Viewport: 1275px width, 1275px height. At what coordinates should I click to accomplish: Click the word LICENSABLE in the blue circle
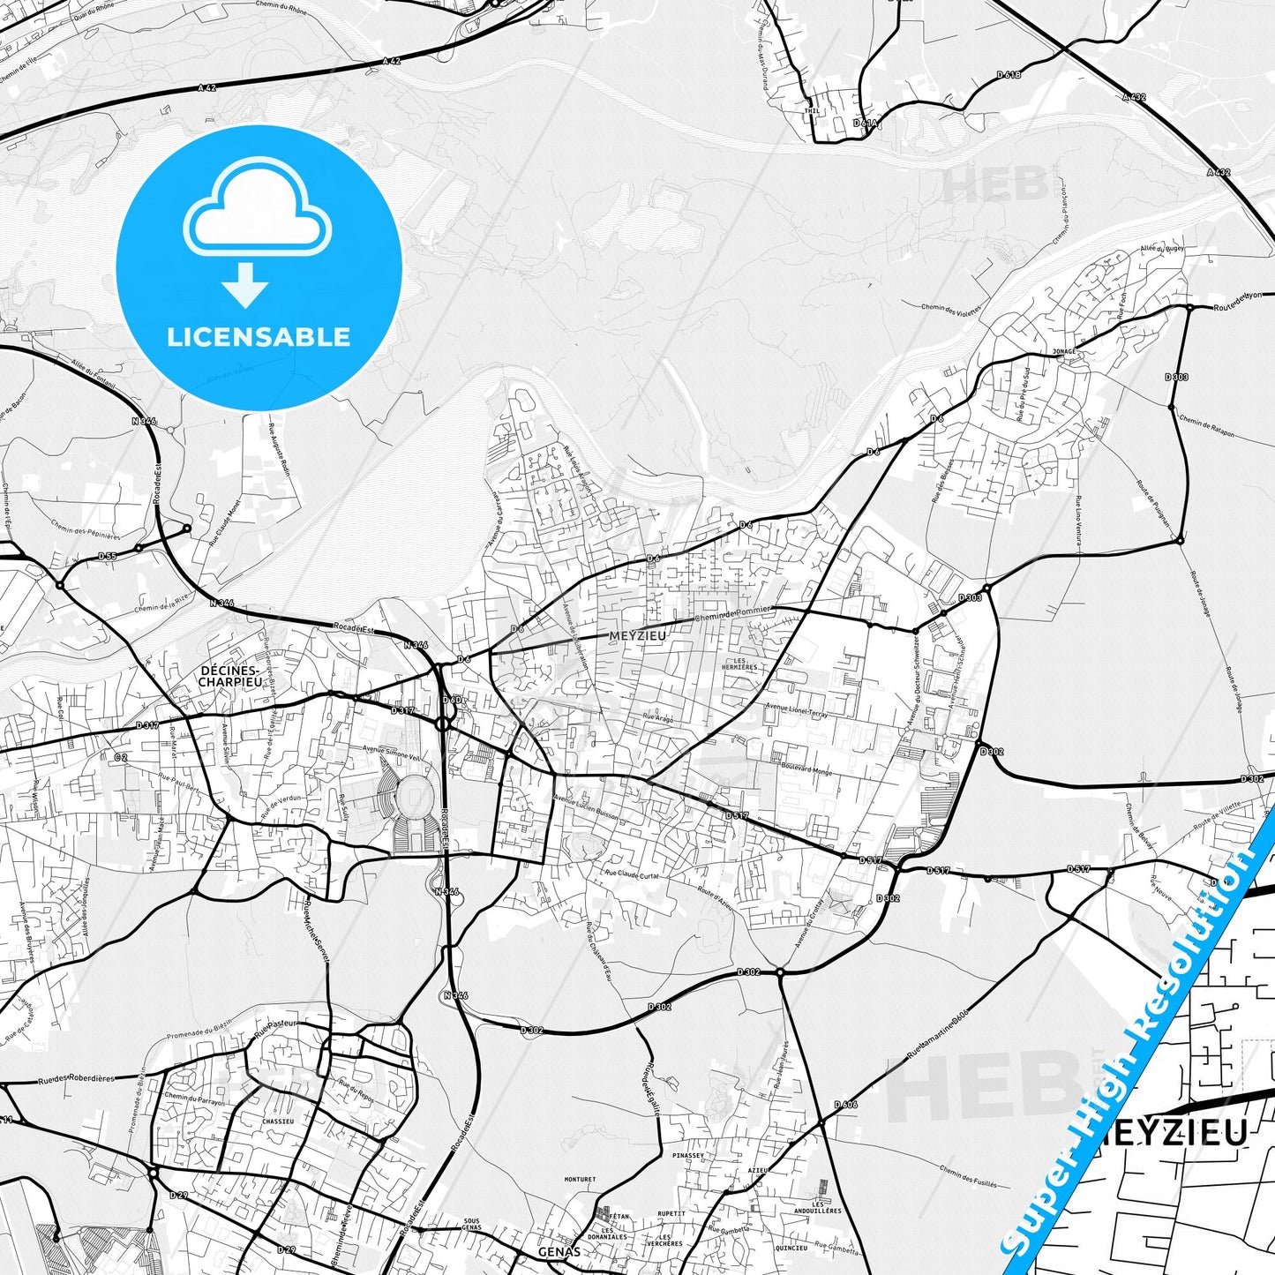pyautogui.click(x=259, y=337)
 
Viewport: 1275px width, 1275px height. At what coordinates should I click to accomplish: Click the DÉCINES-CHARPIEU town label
pyautogui.click(x=230, y=677)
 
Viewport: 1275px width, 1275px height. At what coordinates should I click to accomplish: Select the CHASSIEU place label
pyautogui.click(x=277, y=1121)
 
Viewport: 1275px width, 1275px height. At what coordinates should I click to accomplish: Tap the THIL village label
pyautogui.click(x=812, y=112)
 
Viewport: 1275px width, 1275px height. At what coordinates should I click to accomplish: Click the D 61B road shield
pyautogui.click(x=1009, y=76)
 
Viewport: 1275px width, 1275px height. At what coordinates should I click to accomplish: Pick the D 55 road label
pyautogui.click(x=107, y=556)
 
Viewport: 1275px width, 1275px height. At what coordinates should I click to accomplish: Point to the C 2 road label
pyautogui.click(x=121, y=757)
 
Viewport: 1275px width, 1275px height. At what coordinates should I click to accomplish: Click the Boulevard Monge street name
pyautogui.click(x=806, y=769)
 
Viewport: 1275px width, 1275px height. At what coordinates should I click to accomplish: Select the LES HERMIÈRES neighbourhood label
pyautogui.click(x=739, y=664)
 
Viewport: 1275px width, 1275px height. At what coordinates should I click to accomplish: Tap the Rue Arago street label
pyautogui.click(x=657, y=719)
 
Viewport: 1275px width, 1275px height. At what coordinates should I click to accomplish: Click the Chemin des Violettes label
pyautogui.click(x=951, y=310)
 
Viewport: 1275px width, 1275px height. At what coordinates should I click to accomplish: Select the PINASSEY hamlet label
pyautogui.click(x=688, y=1155)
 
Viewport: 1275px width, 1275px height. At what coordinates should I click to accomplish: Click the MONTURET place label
pyautogui.click(x=580, y=1179)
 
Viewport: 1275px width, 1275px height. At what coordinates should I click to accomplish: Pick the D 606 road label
pyautogui.click(x=845, y=1105)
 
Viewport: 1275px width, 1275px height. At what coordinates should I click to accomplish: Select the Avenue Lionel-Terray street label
pyautogui.click(x=797, y=709)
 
